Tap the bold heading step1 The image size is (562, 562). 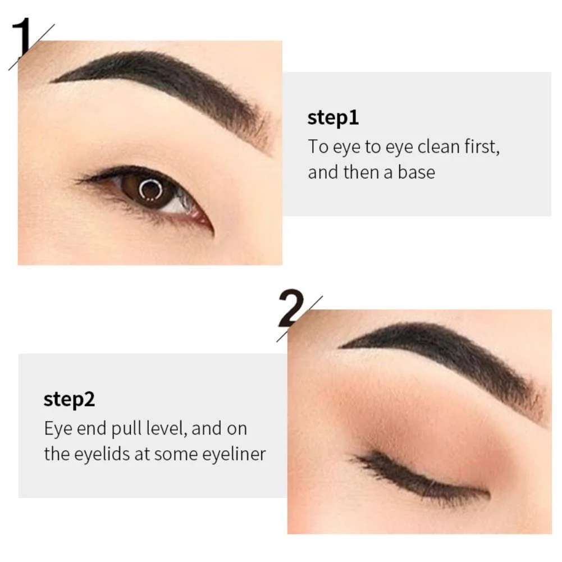pyautogui.click(x=333, y=117)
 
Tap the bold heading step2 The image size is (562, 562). pyautogui.click(x=69, y=399)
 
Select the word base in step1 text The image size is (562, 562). pyautogui.click(x=417, y=172)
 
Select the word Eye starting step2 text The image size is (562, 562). pyautogui.click(x=57, y=429)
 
